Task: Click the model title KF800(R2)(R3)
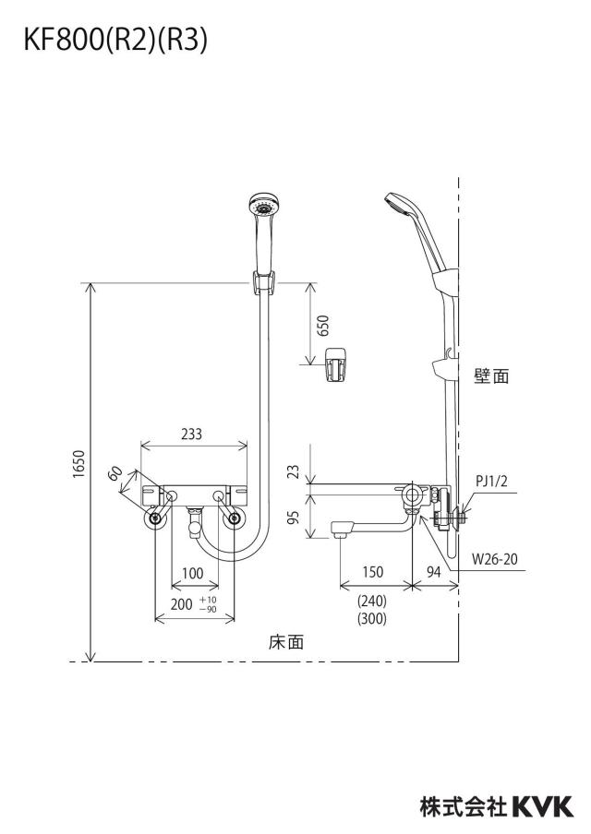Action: (x=115, y=40)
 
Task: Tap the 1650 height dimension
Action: (x=79, y=464)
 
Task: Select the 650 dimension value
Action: (x=323, y=326)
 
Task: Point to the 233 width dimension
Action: (x=192, y=434)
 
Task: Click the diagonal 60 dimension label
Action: (x=115, y=472)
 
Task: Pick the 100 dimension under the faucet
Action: (x=192, y=573)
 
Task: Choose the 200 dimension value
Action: (x=182, y=604)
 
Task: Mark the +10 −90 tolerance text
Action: (x=208, y=605)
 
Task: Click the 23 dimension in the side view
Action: (x=294, y=471)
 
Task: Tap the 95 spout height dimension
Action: (x=294, y=517)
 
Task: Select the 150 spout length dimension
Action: (x=373, y=572)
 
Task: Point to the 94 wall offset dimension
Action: (x=434, y=572)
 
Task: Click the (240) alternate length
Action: (x=371, y=601)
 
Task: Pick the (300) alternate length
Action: (x=371, y=619)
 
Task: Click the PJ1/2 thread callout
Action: (x=491, y=482)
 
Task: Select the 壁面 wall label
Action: (x=491, y=376)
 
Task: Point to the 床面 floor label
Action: (x=286, y=642)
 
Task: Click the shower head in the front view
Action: (x=262, y=207)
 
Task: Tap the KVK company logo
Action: (x=543, y=806)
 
